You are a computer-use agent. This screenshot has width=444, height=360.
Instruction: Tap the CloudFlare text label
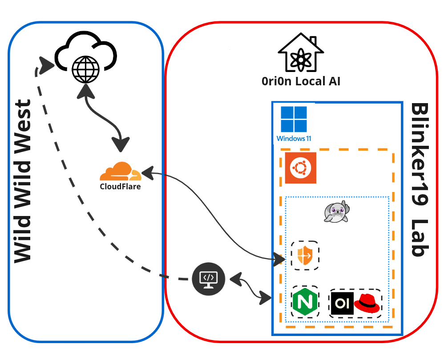pyautogui.click(x=120, y=187)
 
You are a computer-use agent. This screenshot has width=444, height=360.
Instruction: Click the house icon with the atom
pyautogui.click(x=300, y=54)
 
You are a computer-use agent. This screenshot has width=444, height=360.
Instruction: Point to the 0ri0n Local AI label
pyautogui.click(x=301, y=82)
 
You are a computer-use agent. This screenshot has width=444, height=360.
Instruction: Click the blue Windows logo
pyautogui.click(x=294, y=119)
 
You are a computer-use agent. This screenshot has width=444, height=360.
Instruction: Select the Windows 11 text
pyautogui.click(x=294, y=139)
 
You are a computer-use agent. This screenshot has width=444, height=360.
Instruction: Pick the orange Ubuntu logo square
pyautogui.click(x=301, y=168)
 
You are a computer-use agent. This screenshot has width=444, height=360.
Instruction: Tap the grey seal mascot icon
pyautogui.click(x=336, y=212)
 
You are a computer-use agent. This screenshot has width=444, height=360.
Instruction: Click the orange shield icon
pyautogui.click(x=305, y=256)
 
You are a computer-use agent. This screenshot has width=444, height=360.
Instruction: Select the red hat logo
pyautogui.click(x=367, y=303)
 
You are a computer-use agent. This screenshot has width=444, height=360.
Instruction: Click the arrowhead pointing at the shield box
pyautogui.click(x=279, y=258)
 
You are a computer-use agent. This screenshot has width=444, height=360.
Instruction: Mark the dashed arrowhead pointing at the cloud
pyautogui.click(x=45, y=65)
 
